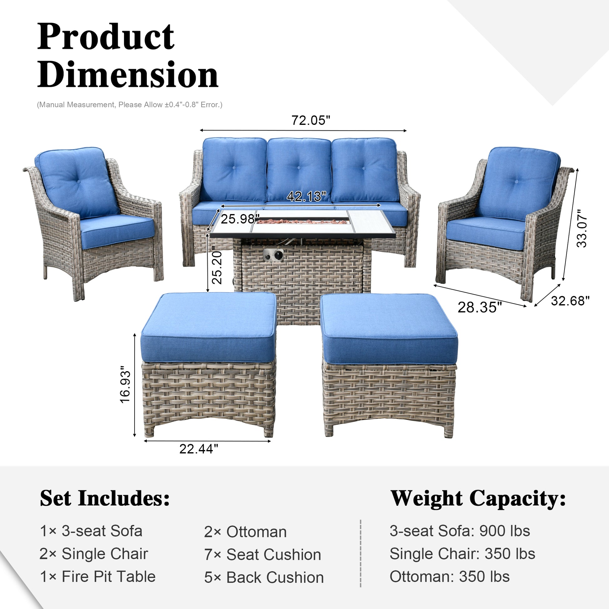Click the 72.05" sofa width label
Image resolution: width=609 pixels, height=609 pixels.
click(x=310, y=120)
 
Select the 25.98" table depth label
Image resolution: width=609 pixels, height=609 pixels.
click(x=240, y=219)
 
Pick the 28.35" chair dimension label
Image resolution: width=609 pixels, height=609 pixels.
click(x=479, y=307)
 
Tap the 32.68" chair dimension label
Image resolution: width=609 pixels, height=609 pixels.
click(x=570, y=301)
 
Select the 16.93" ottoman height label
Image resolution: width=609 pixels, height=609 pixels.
click(x=125, y=385)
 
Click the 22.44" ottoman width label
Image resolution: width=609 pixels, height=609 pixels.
click(x=199, y=449)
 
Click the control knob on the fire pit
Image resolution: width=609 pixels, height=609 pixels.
click(x=278, y=255)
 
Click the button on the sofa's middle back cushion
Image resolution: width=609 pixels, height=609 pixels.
click(x=299, y=168)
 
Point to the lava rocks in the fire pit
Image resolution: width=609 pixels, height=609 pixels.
click(x=302, y=222)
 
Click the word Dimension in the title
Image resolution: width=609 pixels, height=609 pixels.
click(x=128, y=75)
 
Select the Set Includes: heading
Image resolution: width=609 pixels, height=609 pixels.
click(x=105, y=498)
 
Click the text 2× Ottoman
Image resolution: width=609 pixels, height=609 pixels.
click(x=245, y=532)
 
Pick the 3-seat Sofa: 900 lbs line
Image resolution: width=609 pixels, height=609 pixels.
click(x=460, y=531)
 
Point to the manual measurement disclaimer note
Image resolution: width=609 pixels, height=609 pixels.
click(x=130, y=105)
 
